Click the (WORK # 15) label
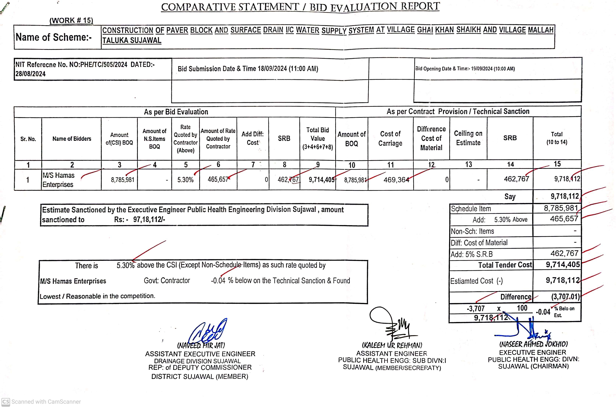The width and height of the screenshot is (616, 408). [x=71, y=21]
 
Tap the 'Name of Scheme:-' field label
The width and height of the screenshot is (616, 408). [x=54, y=37]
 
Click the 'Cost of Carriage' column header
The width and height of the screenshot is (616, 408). [x=390, y=139]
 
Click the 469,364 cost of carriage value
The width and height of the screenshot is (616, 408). [x=396, y=180]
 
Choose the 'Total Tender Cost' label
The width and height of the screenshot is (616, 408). [x=505, y=265]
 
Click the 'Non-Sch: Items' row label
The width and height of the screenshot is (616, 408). [x=472, y=231]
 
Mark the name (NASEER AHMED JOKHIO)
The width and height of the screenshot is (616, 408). [x=533, y=344]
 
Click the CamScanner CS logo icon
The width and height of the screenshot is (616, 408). [x=6, y=402]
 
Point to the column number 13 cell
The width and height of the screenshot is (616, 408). [x=468, y=164]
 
